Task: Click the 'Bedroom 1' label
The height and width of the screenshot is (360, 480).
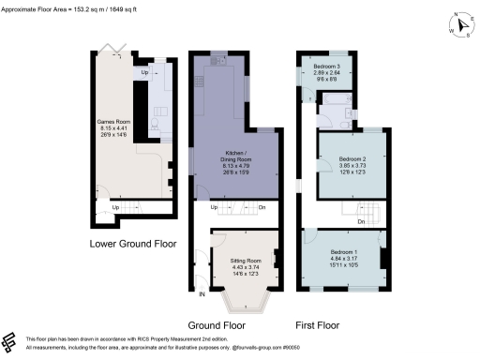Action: (x=344, y=252)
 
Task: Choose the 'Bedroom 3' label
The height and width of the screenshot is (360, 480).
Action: (x=327, y=68)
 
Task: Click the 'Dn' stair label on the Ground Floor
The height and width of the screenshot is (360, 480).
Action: (x=262, y=207)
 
